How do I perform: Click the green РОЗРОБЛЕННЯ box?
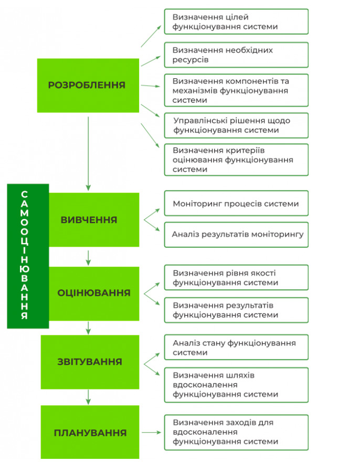coord(88,85)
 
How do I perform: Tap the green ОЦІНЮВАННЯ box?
coord(94,293)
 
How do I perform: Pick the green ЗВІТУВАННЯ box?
coord(90,362)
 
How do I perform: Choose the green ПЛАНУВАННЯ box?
coord(90,433)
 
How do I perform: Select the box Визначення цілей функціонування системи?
coord(236,22)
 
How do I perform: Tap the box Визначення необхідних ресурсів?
coord(236,55)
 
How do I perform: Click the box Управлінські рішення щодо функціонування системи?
coord(236,125)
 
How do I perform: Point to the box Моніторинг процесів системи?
coord(236,204)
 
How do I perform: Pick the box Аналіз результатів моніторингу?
coord(236,235)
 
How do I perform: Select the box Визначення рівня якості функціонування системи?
coord(236,278)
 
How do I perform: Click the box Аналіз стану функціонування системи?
coord(236,348)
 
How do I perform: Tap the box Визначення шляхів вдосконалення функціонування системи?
coord(236,385)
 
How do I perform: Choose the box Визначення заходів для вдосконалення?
coord(236,432)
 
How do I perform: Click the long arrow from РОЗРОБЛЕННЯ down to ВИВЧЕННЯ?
coord(88,152)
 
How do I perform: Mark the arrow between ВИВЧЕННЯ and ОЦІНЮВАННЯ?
coord(88,257)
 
